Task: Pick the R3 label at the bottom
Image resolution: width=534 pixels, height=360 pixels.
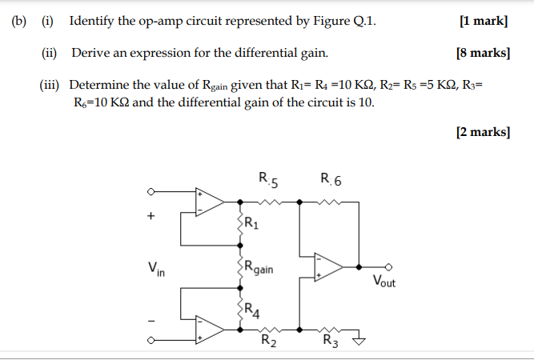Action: click(329, 344)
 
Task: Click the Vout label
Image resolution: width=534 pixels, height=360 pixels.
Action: click(383, 282)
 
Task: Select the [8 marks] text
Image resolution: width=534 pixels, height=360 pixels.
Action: click(481, 53)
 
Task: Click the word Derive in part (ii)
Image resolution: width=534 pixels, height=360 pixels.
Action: click(90, 53)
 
